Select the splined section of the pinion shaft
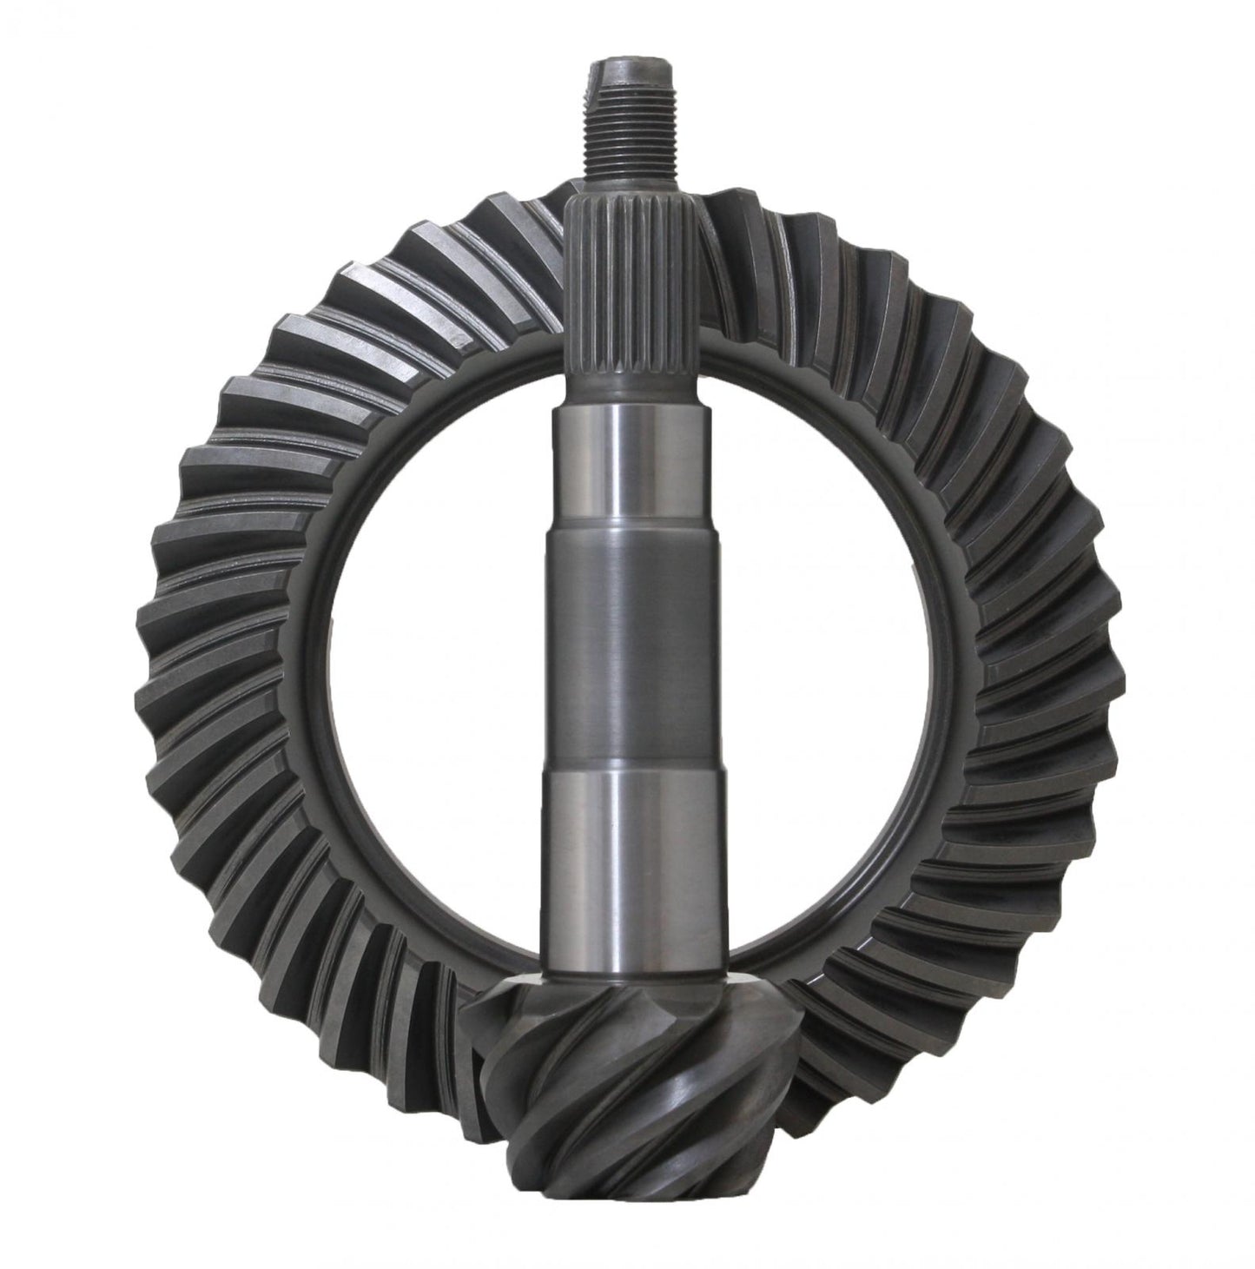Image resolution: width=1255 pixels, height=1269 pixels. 627,287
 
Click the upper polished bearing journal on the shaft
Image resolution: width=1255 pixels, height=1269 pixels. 627,469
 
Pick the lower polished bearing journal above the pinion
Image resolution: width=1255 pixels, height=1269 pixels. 627,834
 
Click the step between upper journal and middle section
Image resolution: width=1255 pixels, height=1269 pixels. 627,537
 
